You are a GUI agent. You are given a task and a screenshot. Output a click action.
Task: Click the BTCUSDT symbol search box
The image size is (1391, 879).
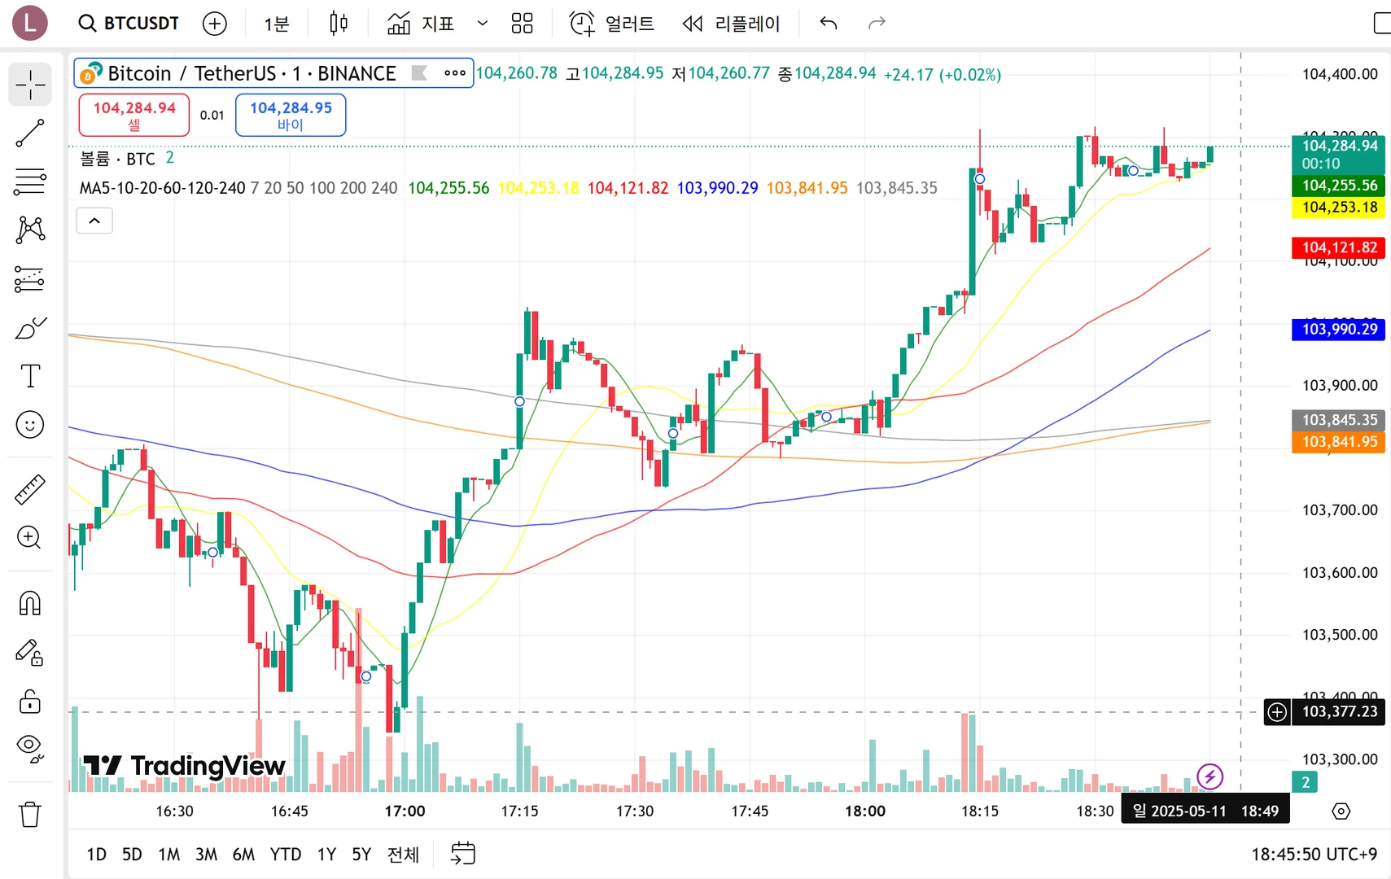pos(129,23)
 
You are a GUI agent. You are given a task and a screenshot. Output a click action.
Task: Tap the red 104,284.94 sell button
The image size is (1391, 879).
pos(134,115)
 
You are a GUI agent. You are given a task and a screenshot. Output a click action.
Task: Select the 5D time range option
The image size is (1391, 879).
pos(132,854)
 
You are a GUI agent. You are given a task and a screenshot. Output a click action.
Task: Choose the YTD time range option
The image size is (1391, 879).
pos(286,854)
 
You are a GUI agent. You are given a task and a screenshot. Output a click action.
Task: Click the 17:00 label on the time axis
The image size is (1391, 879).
pos(405,811)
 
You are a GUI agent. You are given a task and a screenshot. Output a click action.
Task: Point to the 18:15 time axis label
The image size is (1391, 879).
pos(980,811)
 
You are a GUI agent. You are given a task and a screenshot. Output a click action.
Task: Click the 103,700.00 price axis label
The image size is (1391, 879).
pos(1340,510)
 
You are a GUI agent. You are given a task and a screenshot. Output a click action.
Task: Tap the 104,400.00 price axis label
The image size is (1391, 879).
pos(1340,74)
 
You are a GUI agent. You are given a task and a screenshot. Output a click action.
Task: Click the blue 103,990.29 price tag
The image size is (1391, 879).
pos(1339,329)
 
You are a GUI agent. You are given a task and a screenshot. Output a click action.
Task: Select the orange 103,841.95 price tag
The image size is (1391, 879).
pos(1339,442)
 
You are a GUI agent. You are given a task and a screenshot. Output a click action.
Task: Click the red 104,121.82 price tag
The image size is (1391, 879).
pos(1339,247)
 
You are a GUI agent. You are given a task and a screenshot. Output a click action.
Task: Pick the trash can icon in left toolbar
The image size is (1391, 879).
pos(30,814)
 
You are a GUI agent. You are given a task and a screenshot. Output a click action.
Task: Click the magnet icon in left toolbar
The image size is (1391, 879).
pos(30,604)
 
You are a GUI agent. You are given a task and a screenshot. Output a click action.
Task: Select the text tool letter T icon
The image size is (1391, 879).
pos(30,376)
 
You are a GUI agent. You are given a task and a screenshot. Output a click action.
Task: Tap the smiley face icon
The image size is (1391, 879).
pos(30,425)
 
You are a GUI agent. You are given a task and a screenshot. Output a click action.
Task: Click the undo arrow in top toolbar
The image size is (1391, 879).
pos(829,23)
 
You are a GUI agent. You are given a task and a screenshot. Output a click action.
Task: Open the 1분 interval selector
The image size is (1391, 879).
pos(277,24)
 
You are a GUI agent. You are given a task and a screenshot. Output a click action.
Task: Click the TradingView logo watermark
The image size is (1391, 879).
pos(185,766)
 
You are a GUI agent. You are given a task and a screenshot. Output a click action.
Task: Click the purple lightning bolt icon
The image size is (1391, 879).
pos(1209,776)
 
